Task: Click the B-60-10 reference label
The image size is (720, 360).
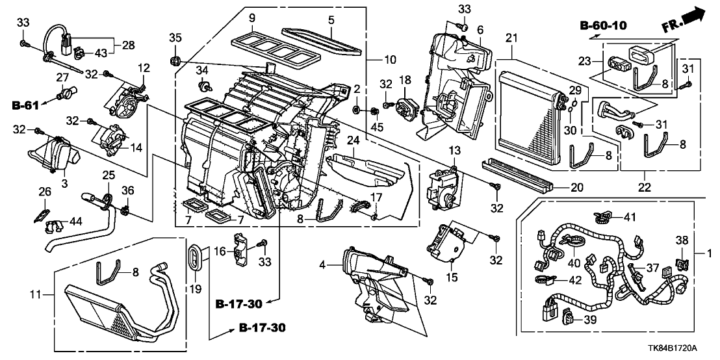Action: pos(604,27)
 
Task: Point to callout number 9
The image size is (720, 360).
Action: pos(251,17)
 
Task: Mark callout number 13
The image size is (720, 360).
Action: pos(453,151)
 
